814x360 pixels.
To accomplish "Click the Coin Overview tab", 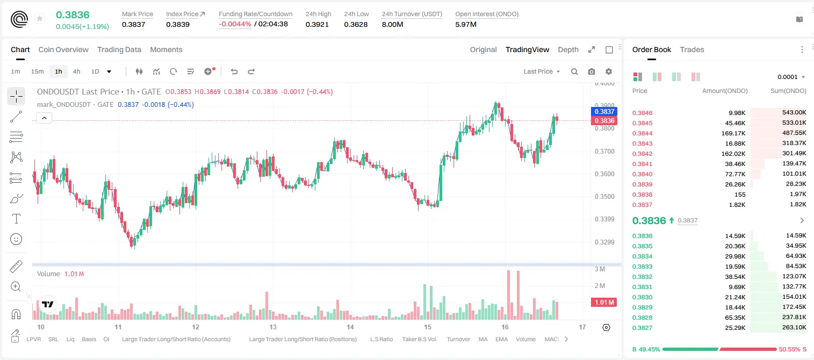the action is tap(63, 49).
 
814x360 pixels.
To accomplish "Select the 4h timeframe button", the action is tap(76, 71).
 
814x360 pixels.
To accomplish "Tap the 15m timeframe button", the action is tap(37, 71).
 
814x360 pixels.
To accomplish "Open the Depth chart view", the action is tap(568, 49).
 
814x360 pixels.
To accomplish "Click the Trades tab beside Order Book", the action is tap(691, 49).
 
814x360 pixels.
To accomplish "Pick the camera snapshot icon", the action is tap(591, 71).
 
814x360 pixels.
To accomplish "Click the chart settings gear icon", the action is tap(609, 71).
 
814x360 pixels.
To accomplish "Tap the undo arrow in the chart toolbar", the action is tap(234, 71).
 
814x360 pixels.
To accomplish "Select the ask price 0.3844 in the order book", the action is tap(642, 133).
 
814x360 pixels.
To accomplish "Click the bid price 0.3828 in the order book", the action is tap(642, 318).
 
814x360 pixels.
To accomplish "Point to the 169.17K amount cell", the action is tap(733, 133).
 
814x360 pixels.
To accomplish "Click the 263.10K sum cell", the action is tap(794, 327).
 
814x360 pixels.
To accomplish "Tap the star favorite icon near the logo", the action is tap(40, 18).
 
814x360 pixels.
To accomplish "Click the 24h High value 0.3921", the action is tap(317, 24).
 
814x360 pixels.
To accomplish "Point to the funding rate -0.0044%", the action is tap(235, 24).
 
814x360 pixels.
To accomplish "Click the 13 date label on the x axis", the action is tap(273, 327).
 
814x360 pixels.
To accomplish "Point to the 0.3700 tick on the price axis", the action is tap(604, 151).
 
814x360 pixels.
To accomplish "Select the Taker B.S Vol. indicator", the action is tap(419, 339).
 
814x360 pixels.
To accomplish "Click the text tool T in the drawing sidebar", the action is tap(16, 219).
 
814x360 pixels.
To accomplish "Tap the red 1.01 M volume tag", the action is tap(604, 303).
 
